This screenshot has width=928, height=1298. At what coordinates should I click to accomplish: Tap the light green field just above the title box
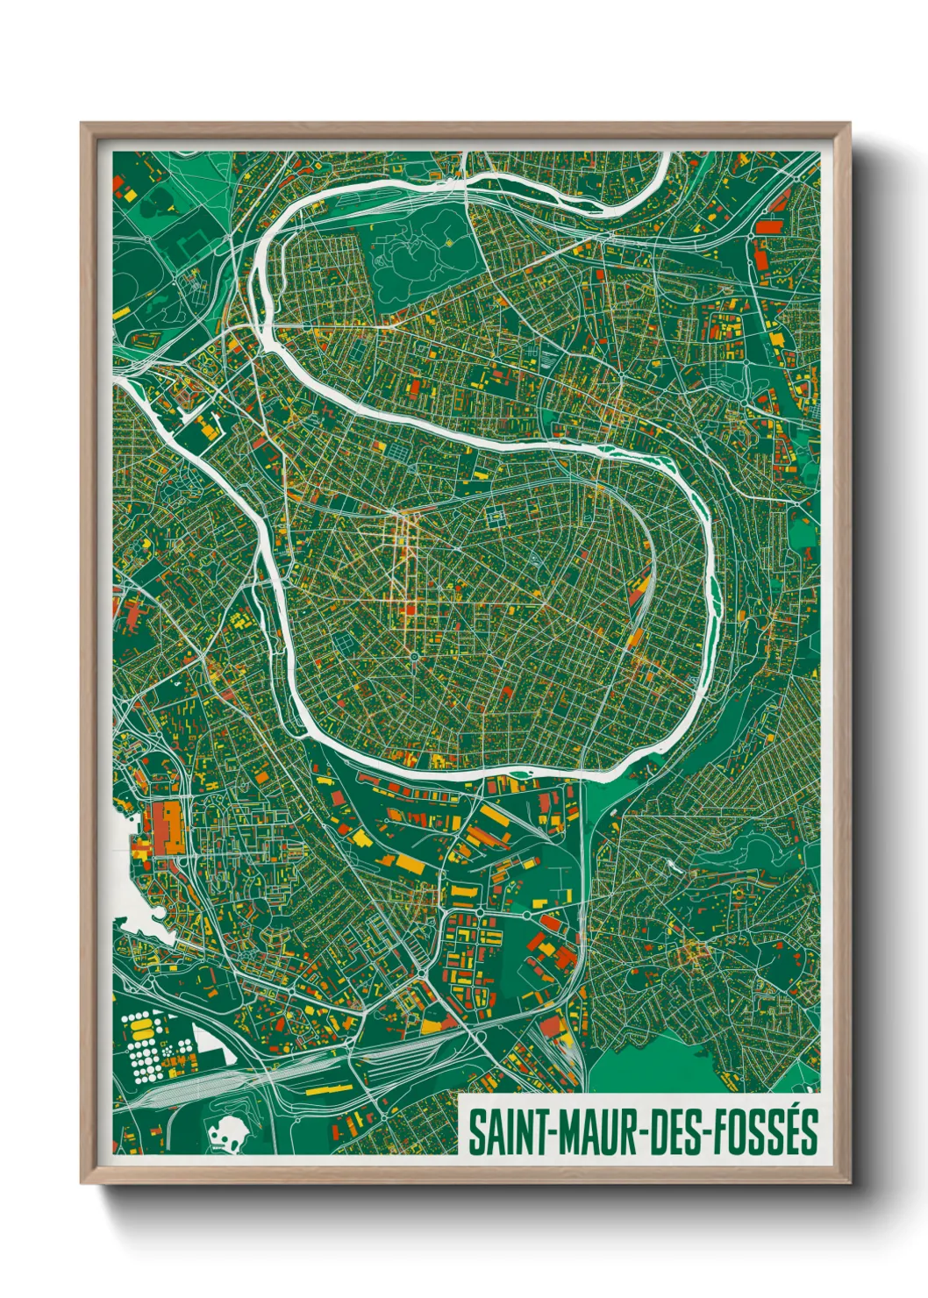pyautogui.click(x=649, y=1066)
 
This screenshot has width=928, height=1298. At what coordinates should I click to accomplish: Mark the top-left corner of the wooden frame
pyautogui.click(x=82, y=125)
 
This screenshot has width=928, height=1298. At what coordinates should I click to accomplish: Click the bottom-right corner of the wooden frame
pyautogui.click(x=849, y=1182)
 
